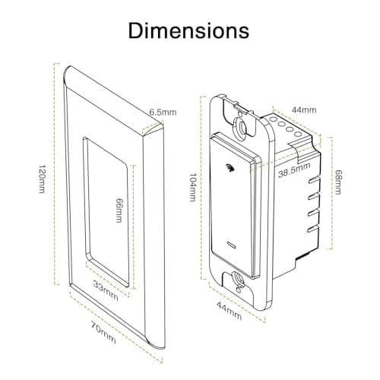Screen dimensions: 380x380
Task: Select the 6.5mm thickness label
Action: [x=163, y=112]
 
